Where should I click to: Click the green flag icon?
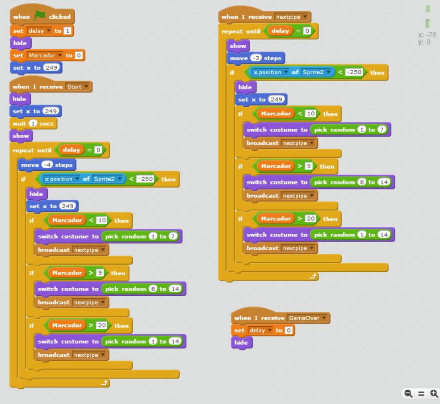[40, 16]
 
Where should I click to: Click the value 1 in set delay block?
[67, 30]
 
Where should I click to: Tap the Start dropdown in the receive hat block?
[77, 87]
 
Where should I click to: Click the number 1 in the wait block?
[33, 123]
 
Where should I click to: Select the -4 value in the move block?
[47, 165]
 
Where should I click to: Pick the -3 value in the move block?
[256, 58]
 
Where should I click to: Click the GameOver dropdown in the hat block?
[307, 318]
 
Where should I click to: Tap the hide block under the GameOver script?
[242, 342]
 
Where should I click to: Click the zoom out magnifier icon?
[408, 394]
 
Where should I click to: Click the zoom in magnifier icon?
[434, 394]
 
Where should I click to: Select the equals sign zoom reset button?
[421, 394]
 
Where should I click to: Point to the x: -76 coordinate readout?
[427, 35]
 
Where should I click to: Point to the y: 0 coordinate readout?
[424, 42]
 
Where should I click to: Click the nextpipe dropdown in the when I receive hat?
[291, 17]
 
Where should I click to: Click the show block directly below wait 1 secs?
[21, 136]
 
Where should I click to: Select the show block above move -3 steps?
[238, 46]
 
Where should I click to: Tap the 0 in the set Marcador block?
[79, 55]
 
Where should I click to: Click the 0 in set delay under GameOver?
[289, 330]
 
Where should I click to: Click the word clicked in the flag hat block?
[60, 17]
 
